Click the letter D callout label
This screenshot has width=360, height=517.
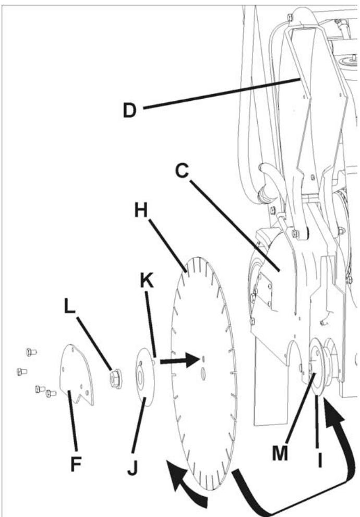pos(129,111)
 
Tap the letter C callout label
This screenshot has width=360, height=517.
pos(182,171)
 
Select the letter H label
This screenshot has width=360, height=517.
pos(141,210)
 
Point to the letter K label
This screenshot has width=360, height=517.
pos(147,281)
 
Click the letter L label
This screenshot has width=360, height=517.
pos(69,307)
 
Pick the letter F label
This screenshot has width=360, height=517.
pos(76,464)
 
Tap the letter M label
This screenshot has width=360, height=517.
pos(280,453)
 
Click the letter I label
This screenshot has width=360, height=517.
pos(319,460)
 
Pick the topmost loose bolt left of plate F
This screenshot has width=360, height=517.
pos(31,352)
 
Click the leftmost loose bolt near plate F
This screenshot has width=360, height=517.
pos(22,372)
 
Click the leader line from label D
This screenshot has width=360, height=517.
pos(221,93)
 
